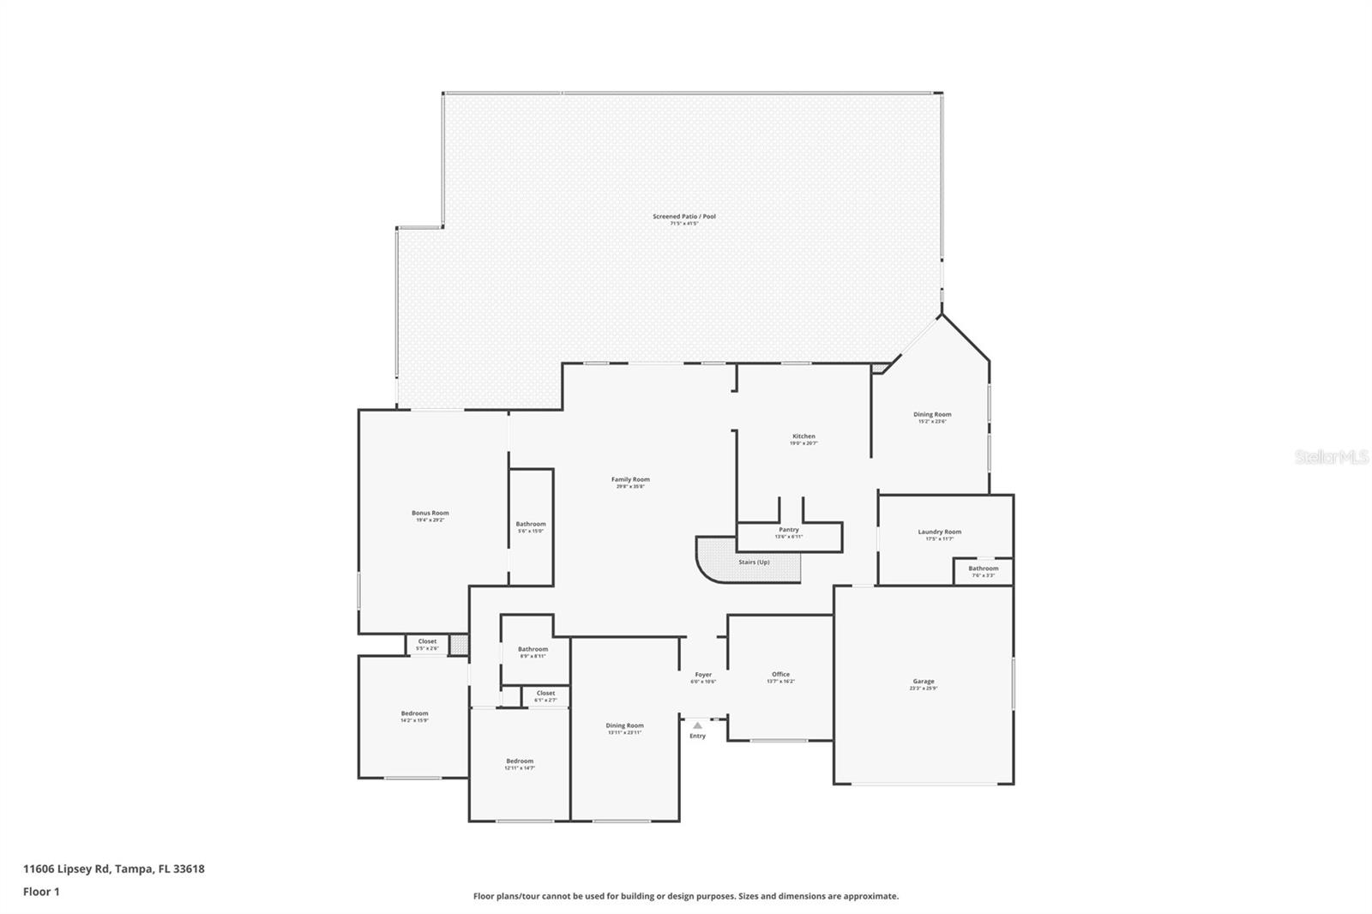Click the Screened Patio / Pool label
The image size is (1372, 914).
683,217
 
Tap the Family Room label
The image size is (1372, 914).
630,480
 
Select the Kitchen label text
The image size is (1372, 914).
803,436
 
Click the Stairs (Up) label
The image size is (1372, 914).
754,562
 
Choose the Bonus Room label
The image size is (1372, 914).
430,514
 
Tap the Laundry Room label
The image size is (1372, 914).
939,532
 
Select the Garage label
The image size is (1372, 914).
923,682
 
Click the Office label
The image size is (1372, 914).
779,675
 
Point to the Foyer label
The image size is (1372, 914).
703,675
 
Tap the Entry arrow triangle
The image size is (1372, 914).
697,725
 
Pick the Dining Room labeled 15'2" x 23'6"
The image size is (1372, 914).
932,415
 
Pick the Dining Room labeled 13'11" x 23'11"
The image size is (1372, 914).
624,726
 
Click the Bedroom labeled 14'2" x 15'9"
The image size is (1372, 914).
414,714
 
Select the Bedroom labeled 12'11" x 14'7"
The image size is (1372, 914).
519,761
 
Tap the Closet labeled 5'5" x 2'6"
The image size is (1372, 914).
427,642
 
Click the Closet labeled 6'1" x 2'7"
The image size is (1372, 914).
545,694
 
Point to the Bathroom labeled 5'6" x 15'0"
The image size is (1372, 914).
530,525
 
